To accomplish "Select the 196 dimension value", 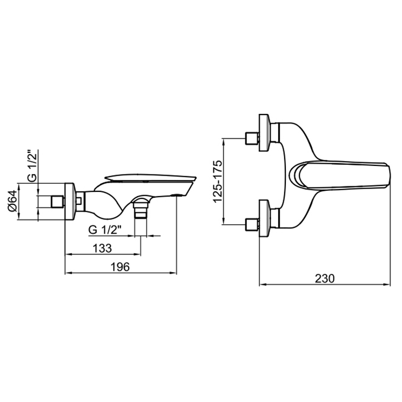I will pos(122,266).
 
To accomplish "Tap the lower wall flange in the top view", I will pos(264,218).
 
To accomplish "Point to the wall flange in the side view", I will pos(69,202).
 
